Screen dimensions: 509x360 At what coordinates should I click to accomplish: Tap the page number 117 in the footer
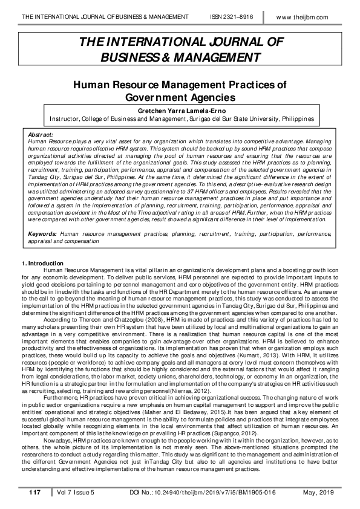pos(34,493)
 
